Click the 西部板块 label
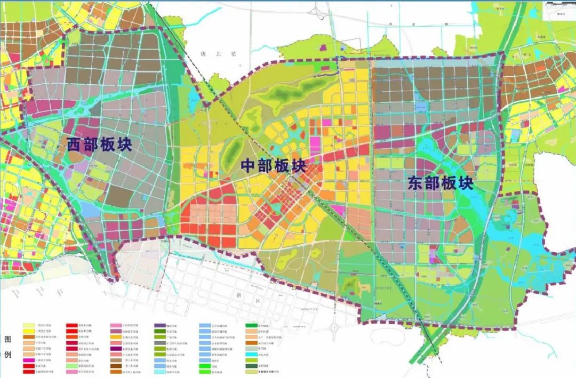pyautogui.click(x=100, y=144)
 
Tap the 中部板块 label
pyautogui.click(x=274, y=166)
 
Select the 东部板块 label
pyautogui.click(x=441, y=183)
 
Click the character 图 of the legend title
pyautogui.click(x=7, y=340)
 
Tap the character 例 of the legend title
pyautogui.click(x=7, y=355)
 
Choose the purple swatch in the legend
pyautogui.click(x=160, y=325)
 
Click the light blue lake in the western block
pyautogui.click(x=91, y=211)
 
